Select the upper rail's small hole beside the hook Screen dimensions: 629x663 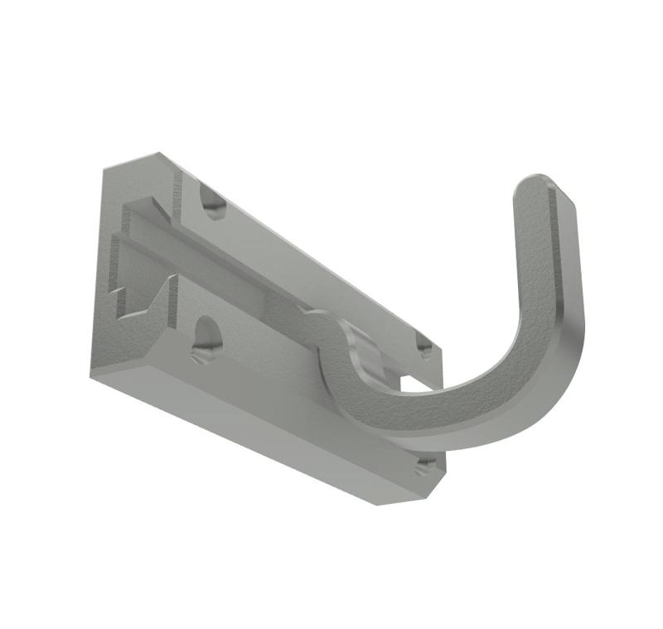click(x=423, y=346)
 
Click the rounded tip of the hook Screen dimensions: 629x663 click(x=543, y=187)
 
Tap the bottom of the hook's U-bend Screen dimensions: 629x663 click(x=464, y=414)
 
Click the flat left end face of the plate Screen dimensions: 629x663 click(x=104, y=265)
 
